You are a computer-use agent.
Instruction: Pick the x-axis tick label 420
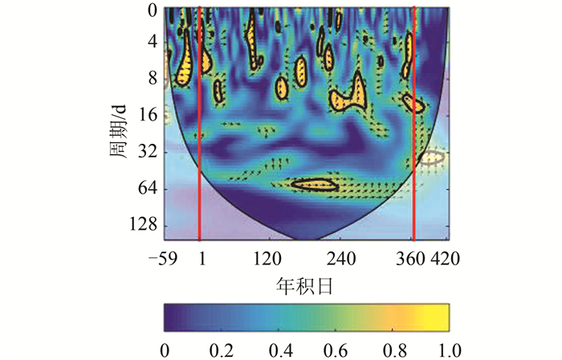point(444,259)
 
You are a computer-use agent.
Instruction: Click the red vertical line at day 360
point(413,121)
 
